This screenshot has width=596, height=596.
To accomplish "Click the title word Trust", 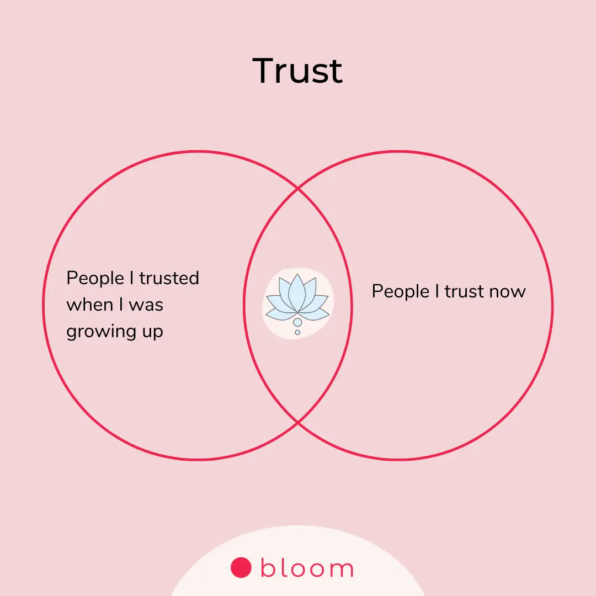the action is (297, 71).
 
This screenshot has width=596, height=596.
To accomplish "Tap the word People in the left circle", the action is (94, 278).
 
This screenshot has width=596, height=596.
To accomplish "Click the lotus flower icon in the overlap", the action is (297, 301).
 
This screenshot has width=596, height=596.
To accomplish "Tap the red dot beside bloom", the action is (241, 567).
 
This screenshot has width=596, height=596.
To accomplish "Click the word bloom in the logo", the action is (307, 568).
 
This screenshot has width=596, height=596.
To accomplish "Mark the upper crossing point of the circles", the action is (298, 189).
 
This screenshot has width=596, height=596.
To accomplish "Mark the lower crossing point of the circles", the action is (298, 423).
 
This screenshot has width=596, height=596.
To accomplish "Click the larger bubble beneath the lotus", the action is (297, 322).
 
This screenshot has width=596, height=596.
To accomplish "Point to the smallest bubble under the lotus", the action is (297, 332).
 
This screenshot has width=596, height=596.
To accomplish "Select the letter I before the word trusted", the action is (132, 278).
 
